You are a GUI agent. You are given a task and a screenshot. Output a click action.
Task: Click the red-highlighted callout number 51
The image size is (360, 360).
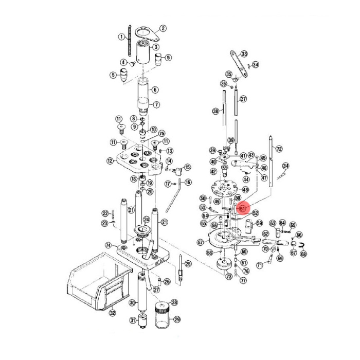(243, 208)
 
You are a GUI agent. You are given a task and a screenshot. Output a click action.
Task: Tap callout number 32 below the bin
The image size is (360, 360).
(112, 313)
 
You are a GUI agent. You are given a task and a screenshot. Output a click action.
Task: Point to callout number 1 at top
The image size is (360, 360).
(121, 37)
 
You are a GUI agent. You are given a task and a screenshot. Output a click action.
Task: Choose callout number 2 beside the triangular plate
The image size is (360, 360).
(163, 28)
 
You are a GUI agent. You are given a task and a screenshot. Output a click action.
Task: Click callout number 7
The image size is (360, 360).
(156, 104)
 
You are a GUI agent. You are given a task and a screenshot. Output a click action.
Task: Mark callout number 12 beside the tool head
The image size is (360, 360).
(110, 161)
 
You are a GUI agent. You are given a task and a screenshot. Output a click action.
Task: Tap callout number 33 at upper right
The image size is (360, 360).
(244, 54)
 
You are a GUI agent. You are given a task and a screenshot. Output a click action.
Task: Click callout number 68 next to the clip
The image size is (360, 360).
(303, 254)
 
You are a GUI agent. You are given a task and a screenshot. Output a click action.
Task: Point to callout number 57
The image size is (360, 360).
(200, 241)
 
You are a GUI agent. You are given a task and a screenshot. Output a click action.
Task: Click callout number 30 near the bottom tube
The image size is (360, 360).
(132, 302)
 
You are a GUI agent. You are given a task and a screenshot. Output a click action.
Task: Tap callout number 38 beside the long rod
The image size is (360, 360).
(215, 111)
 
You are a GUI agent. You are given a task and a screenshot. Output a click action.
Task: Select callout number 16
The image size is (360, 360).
(188, 182)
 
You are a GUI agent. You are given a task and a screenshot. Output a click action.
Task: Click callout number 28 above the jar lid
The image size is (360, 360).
(174, 302)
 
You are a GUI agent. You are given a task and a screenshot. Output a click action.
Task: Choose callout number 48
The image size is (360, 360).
(245, 190)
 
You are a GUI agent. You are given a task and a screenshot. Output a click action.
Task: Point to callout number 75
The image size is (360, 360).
(161, 134)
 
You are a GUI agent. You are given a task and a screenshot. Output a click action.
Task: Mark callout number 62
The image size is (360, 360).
(265, 233)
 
